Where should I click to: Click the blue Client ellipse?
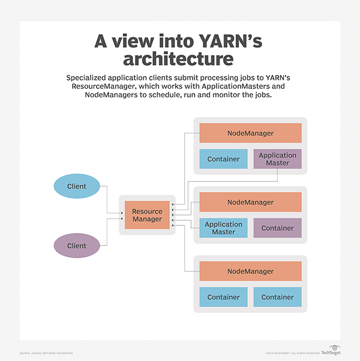(76, 186)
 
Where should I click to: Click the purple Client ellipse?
(76, 246)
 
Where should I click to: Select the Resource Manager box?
(147, 215)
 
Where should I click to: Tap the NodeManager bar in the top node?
(250, 133)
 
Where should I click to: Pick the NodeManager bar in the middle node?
(250, 202)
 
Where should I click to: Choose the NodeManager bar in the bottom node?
(250, 272)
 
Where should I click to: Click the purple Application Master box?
(277, 159)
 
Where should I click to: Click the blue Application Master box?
(223, 228)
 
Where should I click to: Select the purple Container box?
(277, 228)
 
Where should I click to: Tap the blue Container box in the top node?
(223, 159)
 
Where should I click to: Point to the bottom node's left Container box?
(223, 297)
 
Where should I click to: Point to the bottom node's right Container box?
(277, 297)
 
